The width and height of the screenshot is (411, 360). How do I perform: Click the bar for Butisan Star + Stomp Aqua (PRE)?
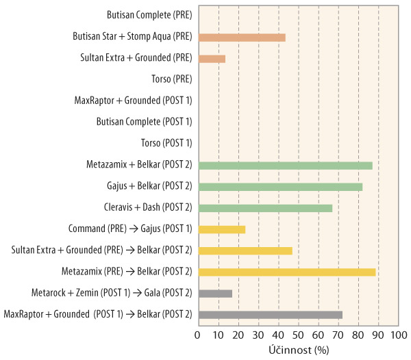tap(241, 37)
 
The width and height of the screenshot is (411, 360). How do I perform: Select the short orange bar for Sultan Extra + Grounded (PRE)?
tap(211, 59)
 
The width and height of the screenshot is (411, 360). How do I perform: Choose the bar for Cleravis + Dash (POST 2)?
tap(264, 207)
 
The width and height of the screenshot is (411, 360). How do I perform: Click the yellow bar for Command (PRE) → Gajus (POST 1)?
tap(221, 229)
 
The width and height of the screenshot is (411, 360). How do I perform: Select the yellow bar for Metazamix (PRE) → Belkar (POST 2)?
tap(286, 272)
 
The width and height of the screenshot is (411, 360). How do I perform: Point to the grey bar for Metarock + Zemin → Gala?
tap(214, 293)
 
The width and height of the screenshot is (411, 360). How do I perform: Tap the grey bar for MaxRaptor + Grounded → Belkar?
tap(270, 314)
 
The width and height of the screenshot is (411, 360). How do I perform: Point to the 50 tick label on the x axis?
tap(298, 335)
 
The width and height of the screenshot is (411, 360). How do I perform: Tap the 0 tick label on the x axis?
tap(197, 335)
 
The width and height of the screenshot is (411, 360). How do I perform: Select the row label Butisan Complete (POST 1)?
tap(149, 122)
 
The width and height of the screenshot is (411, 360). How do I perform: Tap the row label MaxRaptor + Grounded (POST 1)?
tap(133, 101)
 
